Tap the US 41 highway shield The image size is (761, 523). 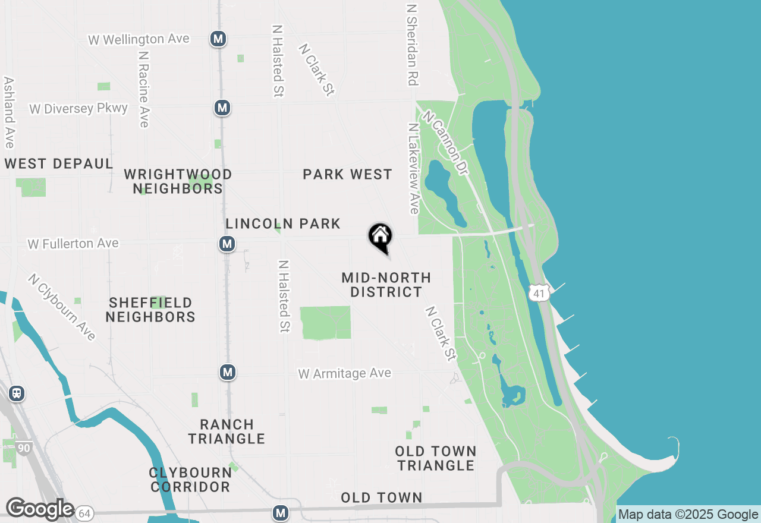[538, 292]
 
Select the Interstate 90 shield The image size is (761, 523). [23, 448]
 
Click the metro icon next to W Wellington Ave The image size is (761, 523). [218, 39]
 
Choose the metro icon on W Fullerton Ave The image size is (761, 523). [226, 244]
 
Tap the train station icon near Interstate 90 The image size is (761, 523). [17, 393]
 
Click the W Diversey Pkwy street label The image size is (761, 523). [78, 109]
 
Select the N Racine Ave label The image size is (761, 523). [143, 89]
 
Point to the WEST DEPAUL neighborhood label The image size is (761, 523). [59, 164]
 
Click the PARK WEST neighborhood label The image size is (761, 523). [347, 175]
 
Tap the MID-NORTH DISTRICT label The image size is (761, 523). [386, 285]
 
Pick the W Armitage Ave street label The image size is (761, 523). [345, 373]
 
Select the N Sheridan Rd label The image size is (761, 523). [411, 45]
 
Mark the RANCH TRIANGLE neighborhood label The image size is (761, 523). [227, 432]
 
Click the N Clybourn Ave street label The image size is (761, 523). [62, 307]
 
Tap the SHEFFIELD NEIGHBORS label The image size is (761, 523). [150, 310]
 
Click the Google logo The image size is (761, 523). [39, 509]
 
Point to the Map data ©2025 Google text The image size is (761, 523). [688, 515]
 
